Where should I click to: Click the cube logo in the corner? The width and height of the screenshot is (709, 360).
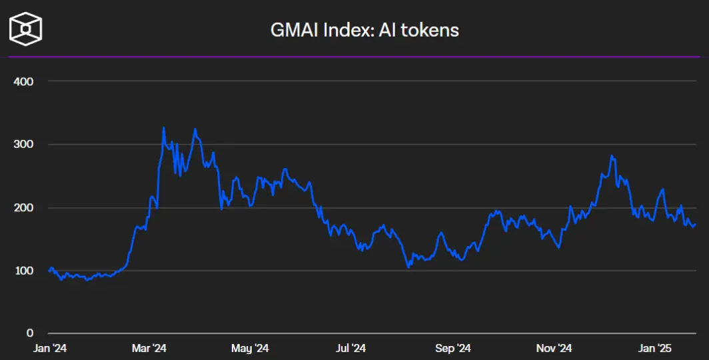[x=26, y=29]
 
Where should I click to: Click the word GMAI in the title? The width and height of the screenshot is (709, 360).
[x=294, y=30]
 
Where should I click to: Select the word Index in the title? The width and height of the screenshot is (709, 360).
[x=348, y=30]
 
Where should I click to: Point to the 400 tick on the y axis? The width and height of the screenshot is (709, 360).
[x=23, y=81]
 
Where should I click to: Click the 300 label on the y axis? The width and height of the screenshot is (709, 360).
[x=23, y=144]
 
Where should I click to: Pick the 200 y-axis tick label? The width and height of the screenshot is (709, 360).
[x=23, y=207]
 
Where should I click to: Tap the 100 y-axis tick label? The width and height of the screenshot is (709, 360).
[x=23, y=271]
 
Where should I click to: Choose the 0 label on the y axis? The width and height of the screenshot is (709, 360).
[x=30, y=333]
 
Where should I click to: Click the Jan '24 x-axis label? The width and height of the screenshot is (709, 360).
[x=50, y=348]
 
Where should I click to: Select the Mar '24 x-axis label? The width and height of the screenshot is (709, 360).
[x=149, y=348]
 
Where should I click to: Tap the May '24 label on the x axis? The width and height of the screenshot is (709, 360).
[x=250, y=348]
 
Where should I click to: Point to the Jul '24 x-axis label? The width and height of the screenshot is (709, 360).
[x=351, y=348]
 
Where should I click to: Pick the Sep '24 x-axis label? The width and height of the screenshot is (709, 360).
[x=453, y=348]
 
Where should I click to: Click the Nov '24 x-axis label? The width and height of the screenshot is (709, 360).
[x=554, y=348]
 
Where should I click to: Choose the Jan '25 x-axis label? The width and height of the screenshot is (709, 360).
[x=655, y=348]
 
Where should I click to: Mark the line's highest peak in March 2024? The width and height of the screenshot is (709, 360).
[x=164, y=127]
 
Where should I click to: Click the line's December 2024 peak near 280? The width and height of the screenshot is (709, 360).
[x=612, y=155]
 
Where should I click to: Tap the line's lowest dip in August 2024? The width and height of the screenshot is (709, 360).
[x=408, y=267]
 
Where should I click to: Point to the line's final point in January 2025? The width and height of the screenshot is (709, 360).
[x=696, y=224]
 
